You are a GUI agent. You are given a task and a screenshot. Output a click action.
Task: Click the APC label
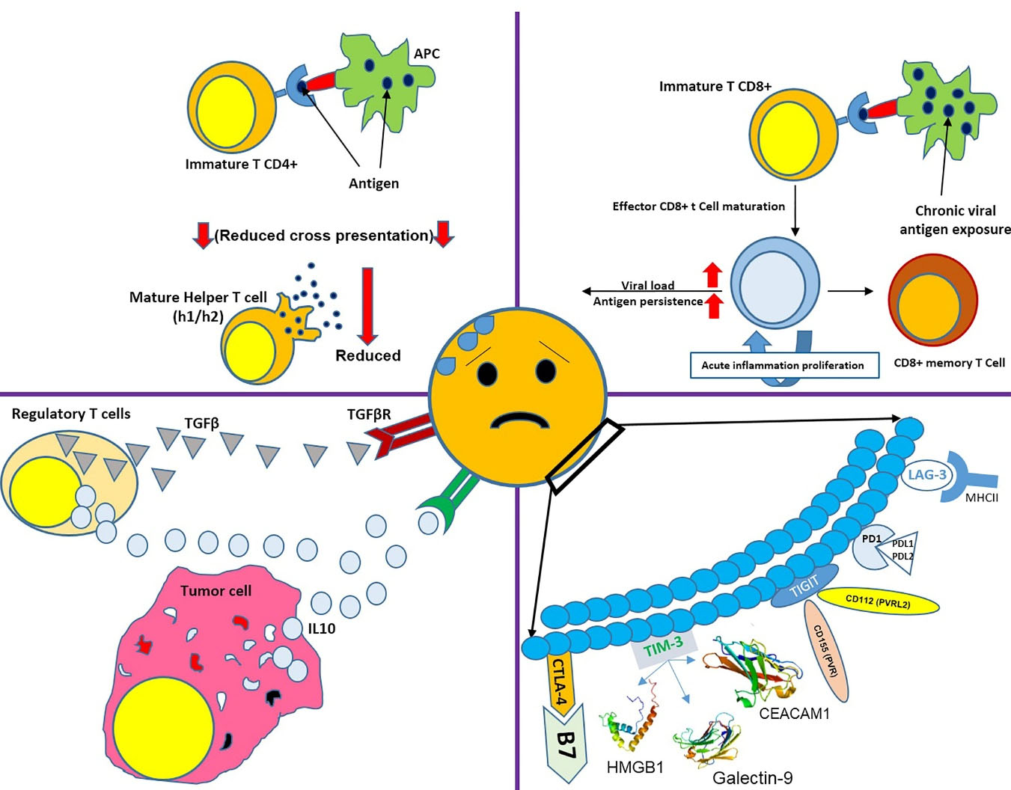pyautogui.click(x=427, y=54)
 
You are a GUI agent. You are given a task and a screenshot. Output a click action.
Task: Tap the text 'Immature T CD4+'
pyautogui.click(x=241, y=164)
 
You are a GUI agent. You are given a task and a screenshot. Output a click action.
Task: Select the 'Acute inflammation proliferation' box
pyautogui.click(x=783, y=365)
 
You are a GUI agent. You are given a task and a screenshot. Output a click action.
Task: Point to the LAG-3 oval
pyautogui.click(x=927, y=475)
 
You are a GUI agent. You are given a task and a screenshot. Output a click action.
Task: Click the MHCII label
pyautogui.click(x=982, y=497)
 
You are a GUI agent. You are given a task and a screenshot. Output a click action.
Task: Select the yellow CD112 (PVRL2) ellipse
pyautogui.click(x=878, y=601)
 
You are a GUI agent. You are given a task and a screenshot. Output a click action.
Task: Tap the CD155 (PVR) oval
pyautogui.click(x=825, y=652)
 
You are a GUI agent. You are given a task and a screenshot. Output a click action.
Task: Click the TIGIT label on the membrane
pyautogui.click(x=804, y=587)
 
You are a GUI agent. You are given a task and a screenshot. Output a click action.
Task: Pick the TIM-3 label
pyautogui.click(x=664, y=646)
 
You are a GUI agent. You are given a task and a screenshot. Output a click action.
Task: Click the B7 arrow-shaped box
pyautogui.click(x=566, y=744)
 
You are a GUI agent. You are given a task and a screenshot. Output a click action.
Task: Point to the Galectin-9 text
pyautogui.click(x=752, y=778)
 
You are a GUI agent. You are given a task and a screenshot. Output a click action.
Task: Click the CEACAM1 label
pyautogui.click(x=794, y=713)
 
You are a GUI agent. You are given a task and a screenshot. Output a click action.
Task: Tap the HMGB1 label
pyautogui.click(x=635, y=767)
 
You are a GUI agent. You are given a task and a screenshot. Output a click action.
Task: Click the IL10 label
pyautogui.click(x=322, y=628)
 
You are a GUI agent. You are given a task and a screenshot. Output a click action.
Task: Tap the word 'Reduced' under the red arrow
pyautogui.click(x=368, y=355)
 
